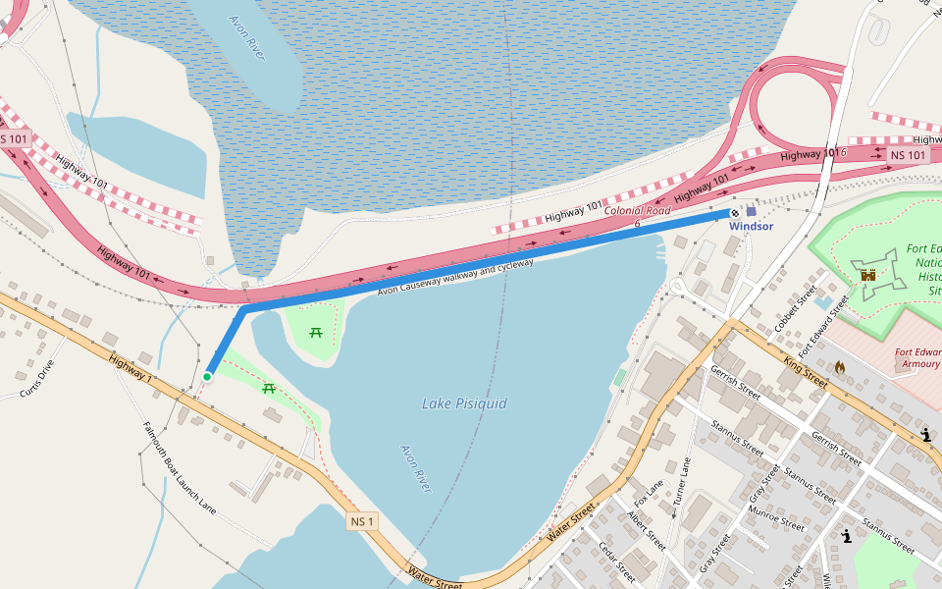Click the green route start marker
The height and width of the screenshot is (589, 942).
click(x=207, y=376)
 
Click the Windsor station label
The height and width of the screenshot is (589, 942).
click(x=751, y=227)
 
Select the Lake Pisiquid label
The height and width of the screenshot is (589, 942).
click(x=464, y=402)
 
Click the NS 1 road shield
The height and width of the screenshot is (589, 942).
click(x=361, y=521)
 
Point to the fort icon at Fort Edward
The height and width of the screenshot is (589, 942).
click(x=868, y=277)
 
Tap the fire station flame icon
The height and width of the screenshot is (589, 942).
click(x=839, y=366)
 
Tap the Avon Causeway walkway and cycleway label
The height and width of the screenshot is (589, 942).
click(x=455, y=277)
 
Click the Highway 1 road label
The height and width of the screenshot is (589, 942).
click(x=131, y=369)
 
